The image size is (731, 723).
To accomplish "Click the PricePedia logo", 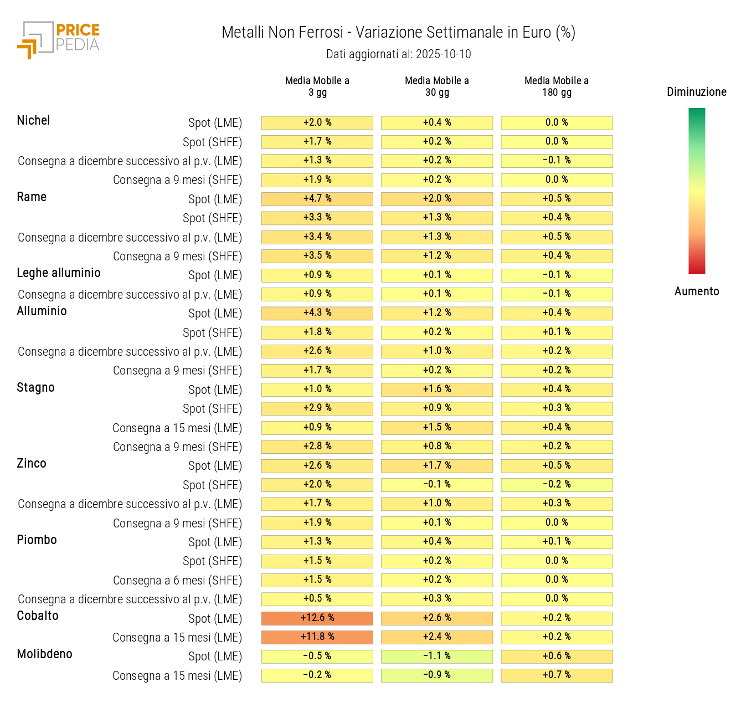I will coord(59,39).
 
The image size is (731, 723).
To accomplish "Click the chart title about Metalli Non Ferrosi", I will coord(398,33).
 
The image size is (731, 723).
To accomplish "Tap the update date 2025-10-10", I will coord(443,54).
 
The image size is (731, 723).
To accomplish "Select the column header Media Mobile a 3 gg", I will coord(317,86).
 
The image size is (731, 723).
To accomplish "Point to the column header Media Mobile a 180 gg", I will coord(557,86).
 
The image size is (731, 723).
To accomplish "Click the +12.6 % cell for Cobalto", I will coord(317,618).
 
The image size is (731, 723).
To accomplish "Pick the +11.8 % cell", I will coord(317,637).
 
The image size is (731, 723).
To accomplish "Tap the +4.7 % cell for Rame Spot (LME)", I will coord(317,198).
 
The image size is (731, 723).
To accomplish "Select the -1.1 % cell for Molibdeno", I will coord(437,656).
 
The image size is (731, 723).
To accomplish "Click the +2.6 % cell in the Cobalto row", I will coord(437,618).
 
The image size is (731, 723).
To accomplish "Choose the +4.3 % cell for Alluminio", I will coord(317,313).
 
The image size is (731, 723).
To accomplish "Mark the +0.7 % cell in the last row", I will coord(557,675).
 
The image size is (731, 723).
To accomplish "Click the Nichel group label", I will coord(33,121).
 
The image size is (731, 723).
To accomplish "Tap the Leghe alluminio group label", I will coord(59,273).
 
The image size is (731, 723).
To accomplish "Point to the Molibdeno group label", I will coord(44,654).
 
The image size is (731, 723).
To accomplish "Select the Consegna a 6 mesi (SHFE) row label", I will coord(177,581).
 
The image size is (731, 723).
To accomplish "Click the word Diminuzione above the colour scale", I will coord(696,92).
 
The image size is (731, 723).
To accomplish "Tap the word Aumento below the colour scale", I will coord(697,291).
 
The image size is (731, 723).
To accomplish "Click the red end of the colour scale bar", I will coord(697,268).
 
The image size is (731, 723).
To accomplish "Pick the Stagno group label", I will coord(35,388).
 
